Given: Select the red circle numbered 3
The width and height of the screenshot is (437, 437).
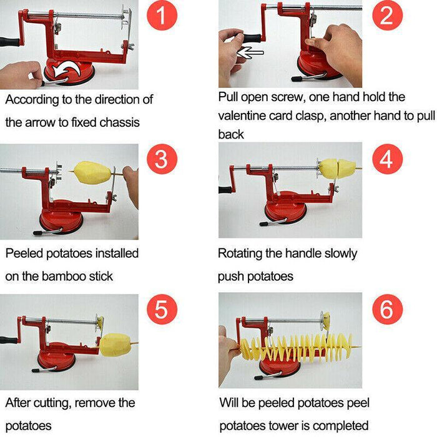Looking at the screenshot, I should (x=162, y=160).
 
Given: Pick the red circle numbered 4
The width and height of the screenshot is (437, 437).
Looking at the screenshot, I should (x=387, y=160).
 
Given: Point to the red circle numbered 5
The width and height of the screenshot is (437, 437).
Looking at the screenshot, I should (x=162, y=309).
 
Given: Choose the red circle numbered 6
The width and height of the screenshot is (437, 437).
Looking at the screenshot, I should (x=387, y=309).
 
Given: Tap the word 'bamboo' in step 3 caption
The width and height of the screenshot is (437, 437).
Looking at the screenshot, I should (x=69, y=275).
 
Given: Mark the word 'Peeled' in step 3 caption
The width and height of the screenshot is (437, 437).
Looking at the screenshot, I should (x=23, y=253).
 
